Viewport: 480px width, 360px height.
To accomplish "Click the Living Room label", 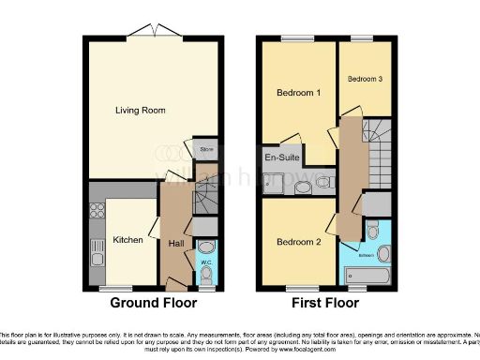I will point(141,111).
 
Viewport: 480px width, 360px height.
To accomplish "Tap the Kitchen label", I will point(127,240).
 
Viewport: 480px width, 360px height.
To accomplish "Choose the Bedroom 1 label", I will point(298,93).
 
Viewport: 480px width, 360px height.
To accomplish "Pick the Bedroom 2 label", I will point(299,242).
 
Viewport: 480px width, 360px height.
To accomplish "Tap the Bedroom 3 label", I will point(365,80).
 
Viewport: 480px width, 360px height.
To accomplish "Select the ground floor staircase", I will point(205,198).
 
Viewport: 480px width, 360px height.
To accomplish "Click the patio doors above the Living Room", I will point(154,34).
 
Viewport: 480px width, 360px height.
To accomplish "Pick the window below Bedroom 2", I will point(298,288).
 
